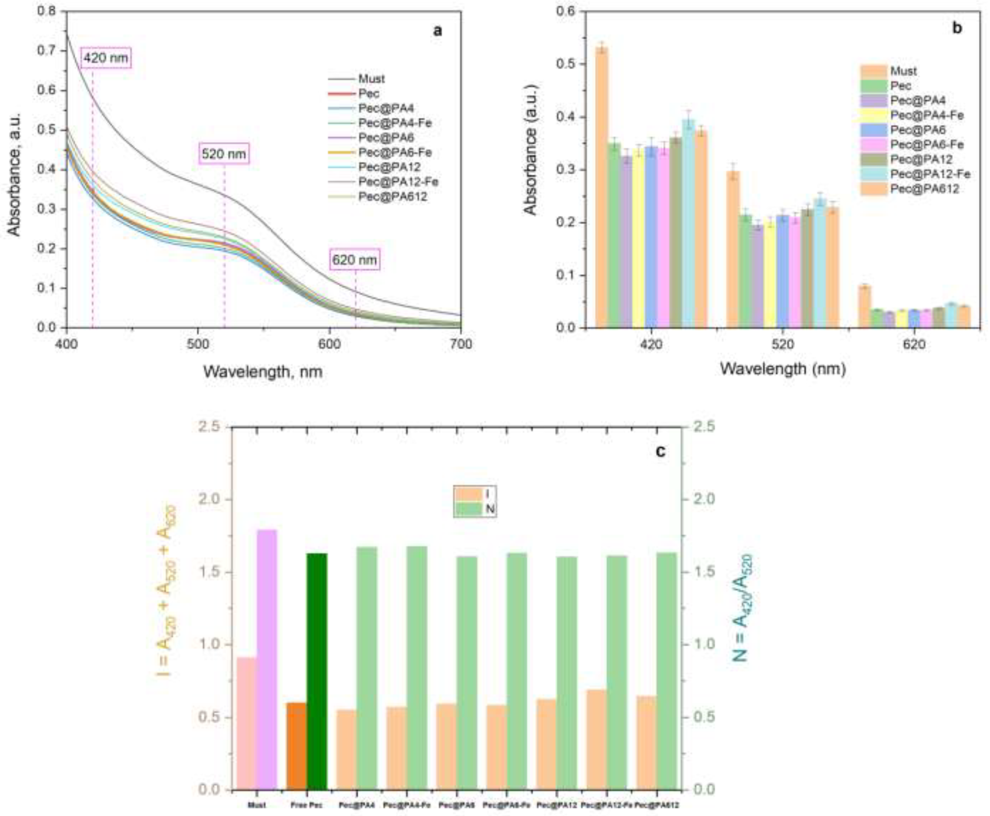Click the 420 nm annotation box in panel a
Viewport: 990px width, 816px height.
coord(105,58)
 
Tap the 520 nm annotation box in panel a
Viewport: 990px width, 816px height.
coord(224,154)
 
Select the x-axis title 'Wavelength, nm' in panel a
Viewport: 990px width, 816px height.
coord(263,372)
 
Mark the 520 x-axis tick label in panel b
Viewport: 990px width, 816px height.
coord(783,344)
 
